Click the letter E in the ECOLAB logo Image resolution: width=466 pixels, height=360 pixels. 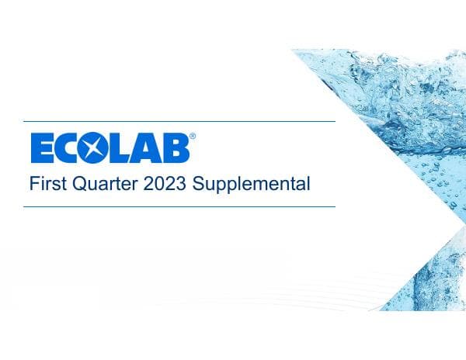tap(42, 147)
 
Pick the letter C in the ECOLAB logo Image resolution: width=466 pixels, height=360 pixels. tap(68, 147)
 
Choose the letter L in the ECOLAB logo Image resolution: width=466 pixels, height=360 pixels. tap(121, 147)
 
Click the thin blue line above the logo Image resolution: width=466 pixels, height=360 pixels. tap(179, 121)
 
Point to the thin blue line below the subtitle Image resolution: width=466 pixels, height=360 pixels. tap(179, 206)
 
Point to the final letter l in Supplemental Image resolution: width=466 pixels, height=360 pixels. tap(308, 184)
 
